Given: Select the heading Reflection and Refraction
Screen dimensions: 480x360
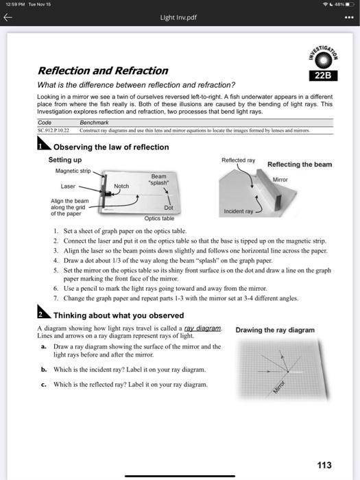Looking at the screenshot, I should click(x=103, y=71).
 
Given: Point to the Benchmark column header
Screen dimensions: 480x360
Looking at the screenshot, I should click(x=95, y=123).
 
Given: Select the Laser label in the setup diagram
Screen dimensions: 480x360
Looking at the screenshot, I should click(x=68, y=186).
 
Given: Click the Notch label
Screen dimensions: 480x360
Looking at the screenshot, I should click(x=121, y=186).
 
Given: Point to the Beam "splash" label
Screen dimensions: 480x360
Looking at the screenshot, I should click(x=159, y=180).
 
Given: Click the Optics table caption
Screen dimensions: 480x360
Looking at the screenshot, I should click(x=158, y=218).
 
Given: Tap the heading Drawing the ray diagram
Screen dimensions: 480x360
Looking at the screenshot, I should click(x=275, y=330).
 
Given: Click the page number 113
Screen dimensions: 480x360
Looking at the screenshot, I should click(x=324, y=465).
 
